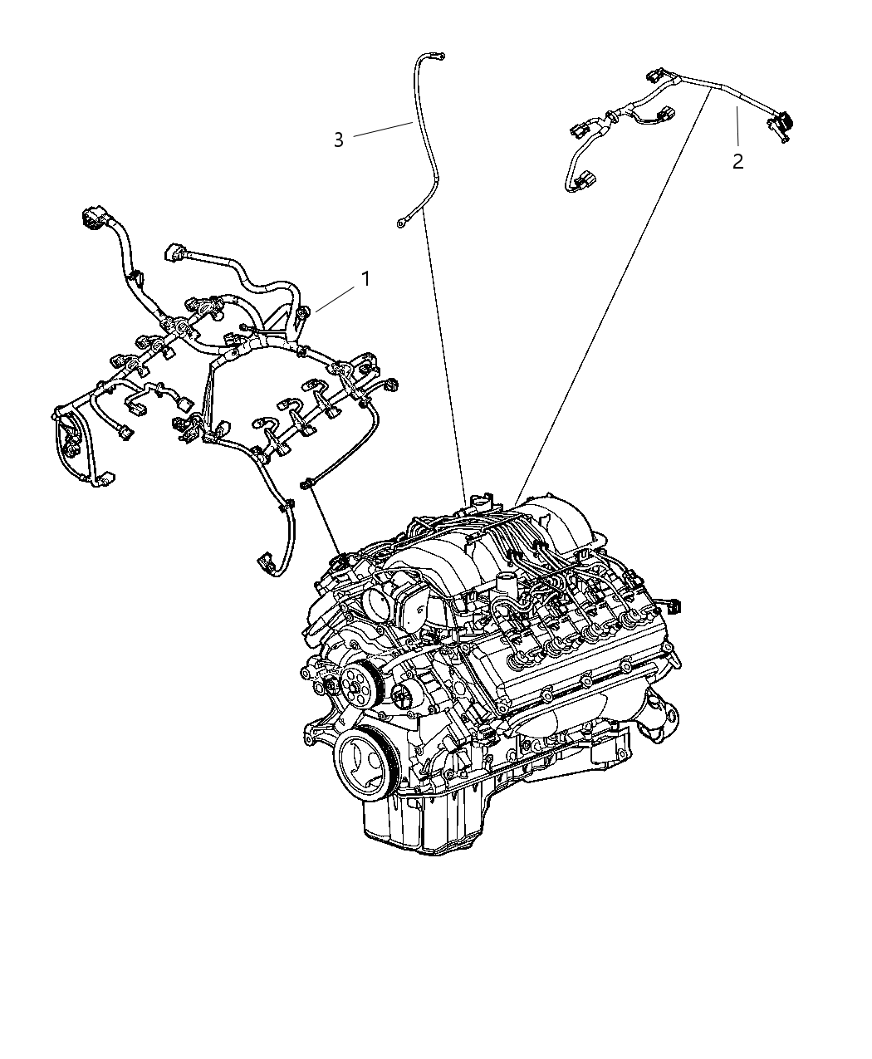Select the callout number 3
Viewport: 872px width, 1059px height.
[x=338, y=140]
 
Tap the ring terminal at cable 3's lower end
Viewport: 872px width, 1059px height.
[x=402, y=222]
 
